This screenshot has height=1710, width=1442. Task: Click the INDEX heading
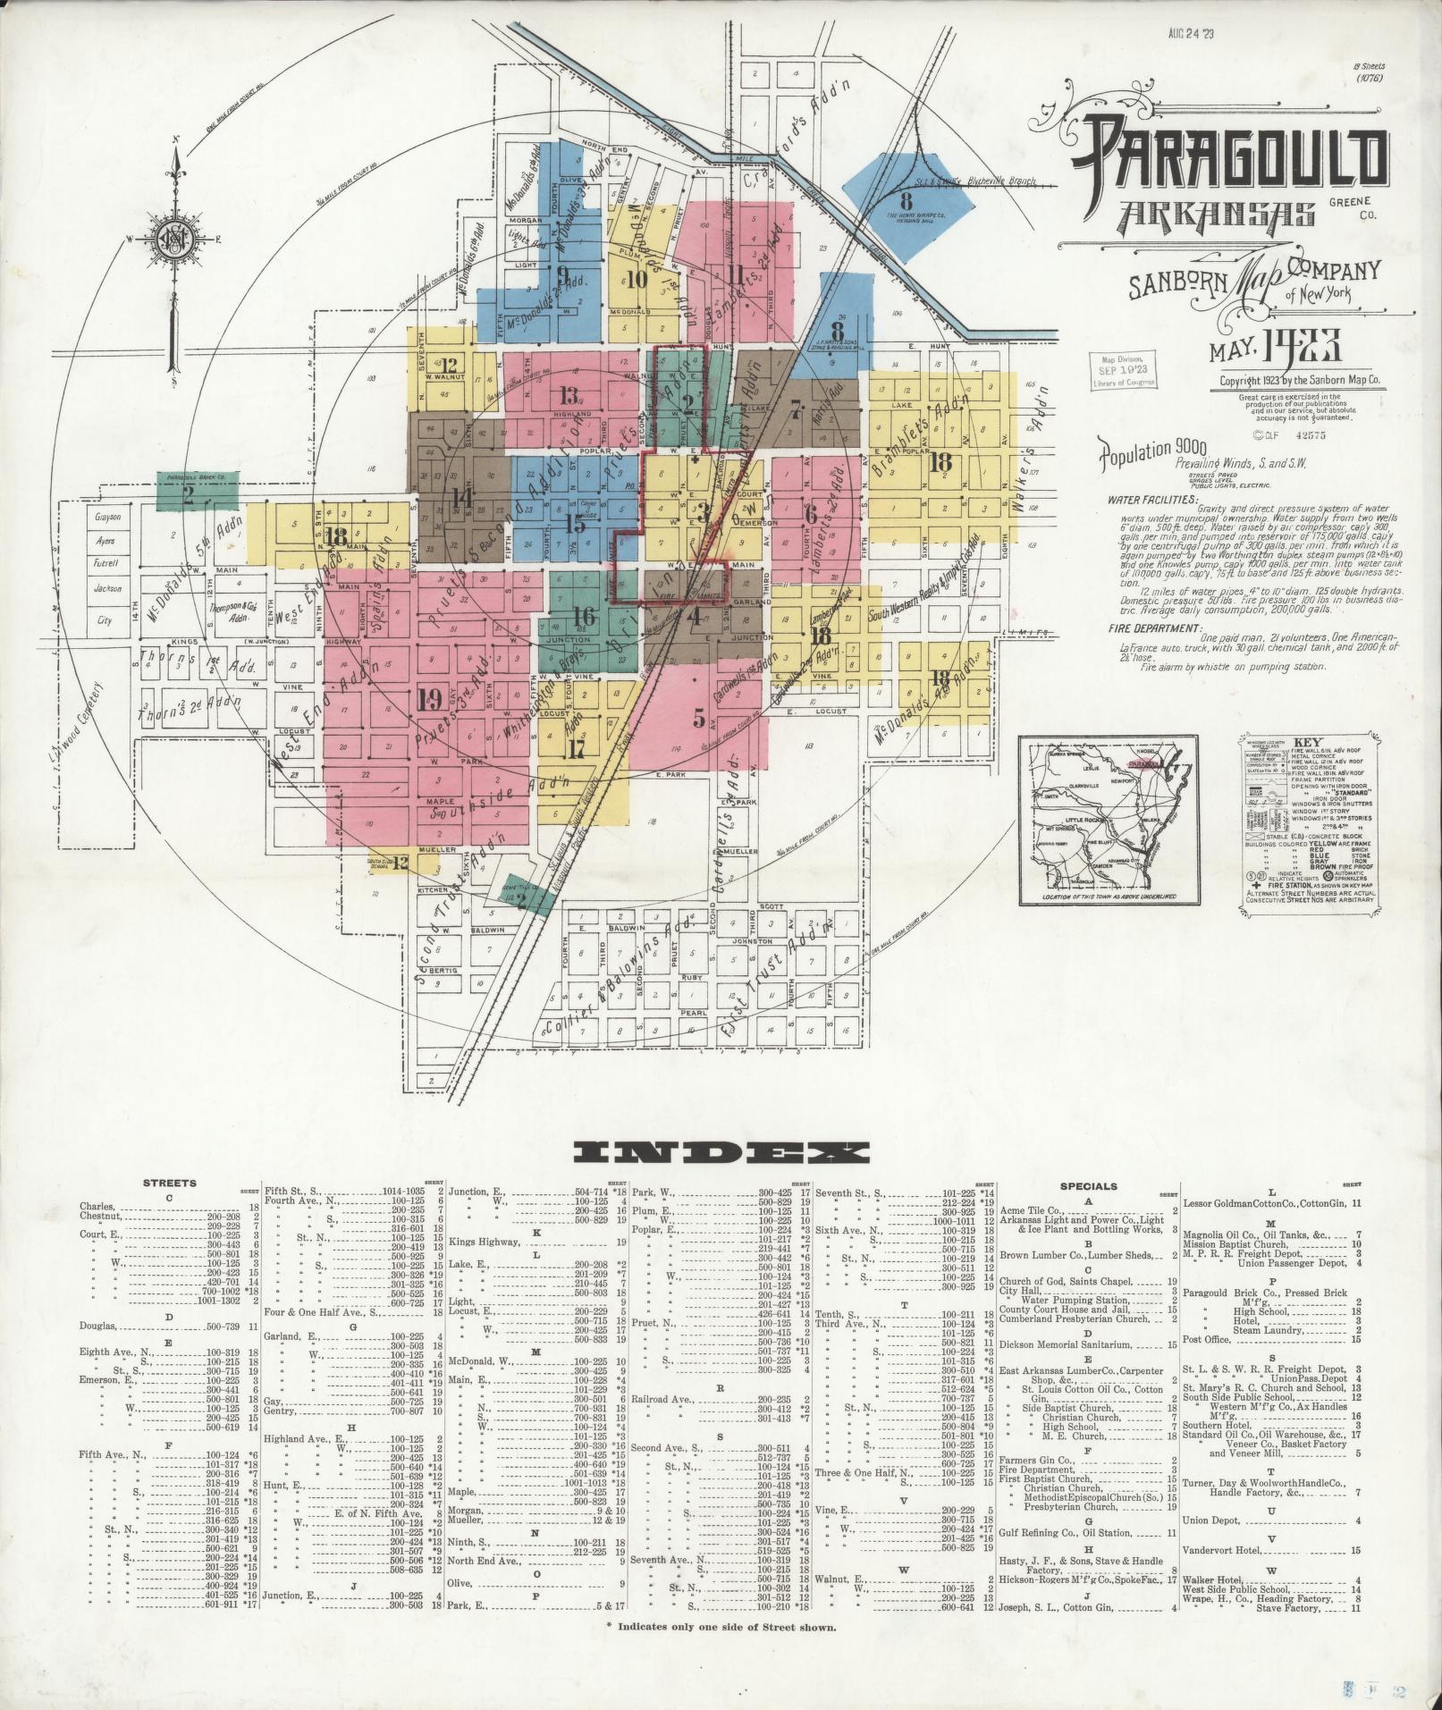720,1152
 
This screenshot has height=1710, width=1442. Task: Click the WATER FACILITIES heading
1151,500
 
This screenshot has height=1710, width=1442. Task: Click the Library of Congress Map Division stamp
1121,369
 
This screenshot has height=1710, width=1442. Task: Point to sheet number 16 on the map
584,616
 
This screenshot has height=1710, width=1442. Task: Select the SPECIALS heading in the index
1088,1186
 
